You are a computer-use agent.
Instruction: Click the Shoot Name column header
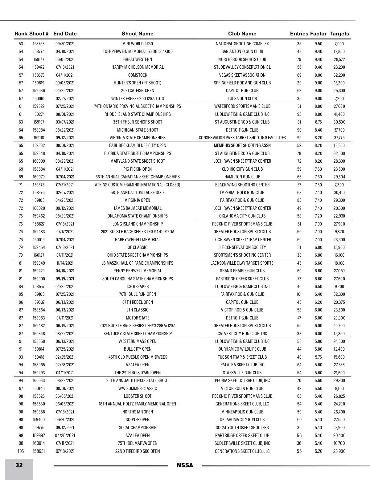point(138,34)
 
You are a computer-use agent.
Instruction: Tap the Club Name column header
point(242,34)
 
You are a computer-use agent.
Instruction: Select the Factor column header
point(318,34)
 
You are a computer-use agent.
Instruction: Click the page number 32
point(19,465)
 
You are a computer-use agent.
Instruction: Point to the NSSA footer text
point(185,466)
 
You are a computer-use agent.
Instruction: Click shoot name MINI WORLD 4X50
point(138,44)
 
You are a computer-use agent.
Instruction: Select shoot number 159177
point(39,59)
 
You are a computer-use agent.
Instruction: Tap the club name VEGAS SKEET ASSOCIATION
point(242,75)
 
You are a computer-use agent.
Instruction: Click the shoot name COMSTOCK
point(138,75)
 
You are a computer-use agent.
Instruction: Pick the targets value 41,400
point(339,114)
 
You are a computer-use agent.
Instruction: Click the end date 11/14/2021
point(65,263)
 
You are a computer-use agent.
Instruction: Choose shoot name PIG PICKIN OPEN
point(138,169)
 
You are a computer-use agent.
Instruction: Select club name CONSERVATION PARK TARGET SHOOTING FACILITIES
point(242,138)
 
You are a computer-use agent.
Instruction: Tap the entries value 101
point(299,294)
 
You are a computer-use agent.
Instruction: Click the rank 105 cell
point(21,451)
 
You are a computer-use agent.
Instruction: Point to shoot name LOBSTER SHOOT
point(138,396)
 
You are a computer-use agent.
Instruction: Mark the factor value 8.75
point(318,122)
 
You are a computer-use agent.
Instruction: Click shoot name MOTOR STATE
point(138,318)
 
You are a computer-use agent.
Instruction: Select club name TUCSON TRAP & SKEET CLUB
point(242,357)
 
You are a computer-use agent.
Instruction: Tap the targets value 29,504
point(339,177)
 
